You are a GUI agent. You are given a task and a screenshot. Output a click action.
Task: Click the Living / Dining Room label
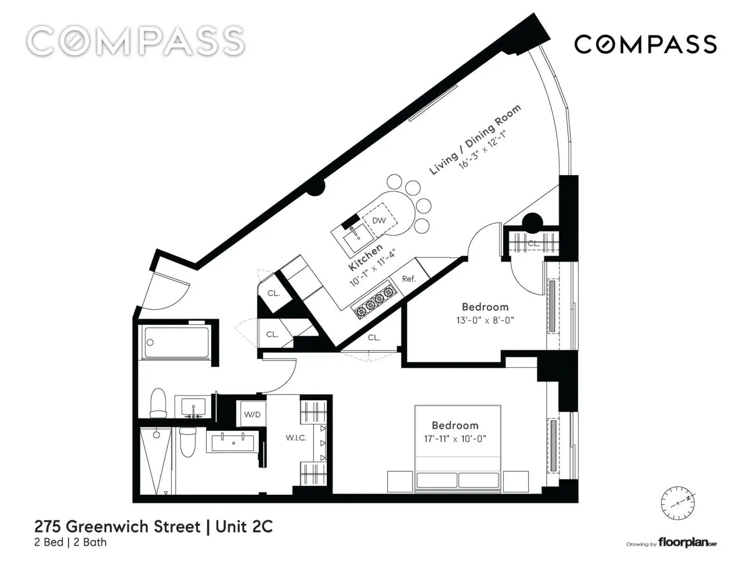point(475,139)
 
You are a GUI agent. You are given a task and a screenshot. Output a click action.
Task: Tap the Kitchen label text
point(366,257)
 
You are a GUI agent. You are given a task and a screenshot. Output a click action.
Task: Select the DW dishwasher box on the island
point(379,220)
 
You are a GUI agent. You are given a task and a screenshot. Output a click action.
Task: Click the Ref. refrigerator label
point(409,279)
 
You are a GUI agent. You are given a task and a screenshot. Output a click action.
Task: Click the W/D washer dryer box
point(252,414)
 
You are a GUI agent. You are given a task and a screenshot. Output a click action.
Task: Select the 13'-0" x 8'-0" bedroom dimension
point(485,320)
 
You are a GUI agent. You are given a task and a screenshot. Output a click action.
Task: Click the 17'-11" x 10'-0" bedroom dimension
point(454,438)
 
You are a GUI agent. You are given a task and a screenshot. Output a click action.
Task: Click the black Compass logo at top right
point(645,45)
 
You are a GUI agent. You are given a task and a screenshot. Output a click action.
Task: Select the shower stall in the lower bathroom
point(156,461)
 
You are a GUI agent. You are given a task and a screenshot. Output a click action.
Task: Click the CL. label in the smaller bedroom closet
point(533,244)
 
